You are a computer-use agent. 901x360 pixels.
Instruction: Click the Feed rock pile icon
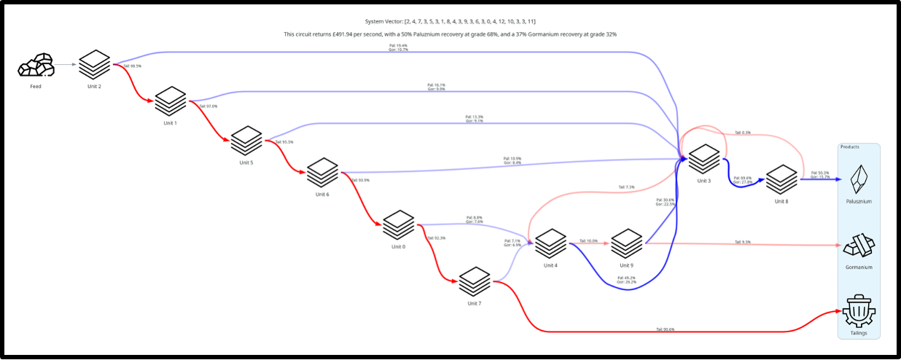click(x=36, y=66)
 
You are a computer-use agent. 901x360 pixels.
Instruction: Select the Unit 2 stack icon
click(x=95, y=65)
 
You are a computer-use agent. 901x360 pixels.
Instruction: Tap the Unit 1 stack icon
click(x=171, y=101)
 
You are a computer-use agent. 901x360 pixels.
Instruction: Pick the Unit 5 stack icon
click(x=246, y=140)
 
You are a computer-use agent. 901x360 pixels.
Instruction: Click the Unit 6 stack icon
click(x=322, y=173)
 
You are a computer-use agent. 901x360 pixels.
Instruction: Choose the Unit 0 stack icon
click(x=398, y=224)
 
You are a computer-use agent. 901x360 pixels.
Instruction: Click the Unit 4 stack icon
click(x=550, y=243)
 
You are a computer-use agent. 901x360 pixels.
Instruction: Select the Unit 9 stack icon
click(x=626, y=243)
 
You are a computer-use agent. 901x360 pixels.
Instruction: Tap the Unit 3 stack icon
click(x=703, y=159)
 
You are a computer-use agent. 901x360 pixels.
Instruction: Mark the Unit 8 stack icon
click(x=781, y=179)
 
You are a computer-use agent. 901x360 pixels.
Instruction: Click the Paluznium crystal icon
click(x=859, y=179)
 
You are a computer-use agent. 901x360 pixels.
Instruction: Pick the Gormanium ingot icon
click(x=859, y=246)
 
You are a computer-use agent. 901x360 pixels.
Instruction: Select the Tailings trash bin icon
click(x=859, y=311)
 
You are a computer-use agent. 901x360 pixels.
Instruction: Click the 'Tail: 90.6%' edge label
click(x=665, y=329)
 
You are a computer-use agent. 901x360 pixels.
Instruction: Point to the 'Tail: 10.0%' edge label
click(x=588, y=240)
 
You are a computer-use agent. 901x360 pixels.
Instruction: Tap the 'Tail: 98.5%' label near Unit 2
click(x=132, y=66)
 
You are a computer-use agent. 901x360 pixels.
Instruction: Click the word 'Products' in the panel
click(x=850, y=147)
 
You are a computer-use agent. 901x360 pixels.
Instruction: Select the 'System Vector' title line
click(x=450, y=22)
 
